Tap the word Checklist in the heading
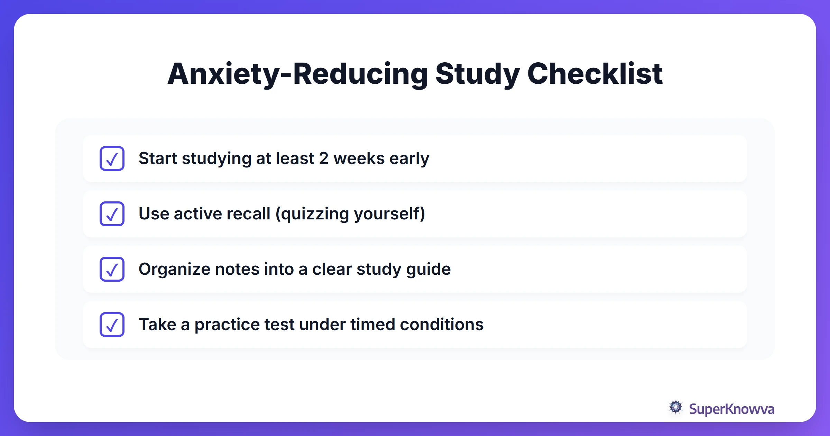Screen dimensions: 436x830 point(594,74)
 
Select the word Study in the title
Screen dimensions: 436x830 point(477,74)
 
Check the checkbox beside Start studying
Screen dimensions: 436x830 point(112,158)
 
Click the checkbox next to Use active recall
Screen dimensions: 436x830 point(112,214)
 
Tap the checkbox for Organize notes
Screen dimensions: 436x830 point(112,269)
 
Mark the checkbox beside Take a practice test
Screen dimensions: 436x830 point(112,325)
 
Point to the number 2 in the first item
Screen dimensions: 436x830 point(323,158)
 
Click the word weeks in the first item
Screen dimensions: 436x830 point(359,158)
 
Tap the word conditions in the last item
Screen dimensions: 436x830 point(442,325)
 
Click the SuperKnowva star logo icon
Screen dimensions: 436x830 point(676,407)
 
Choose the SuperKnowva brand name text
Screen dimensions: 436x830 point(731,409)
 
